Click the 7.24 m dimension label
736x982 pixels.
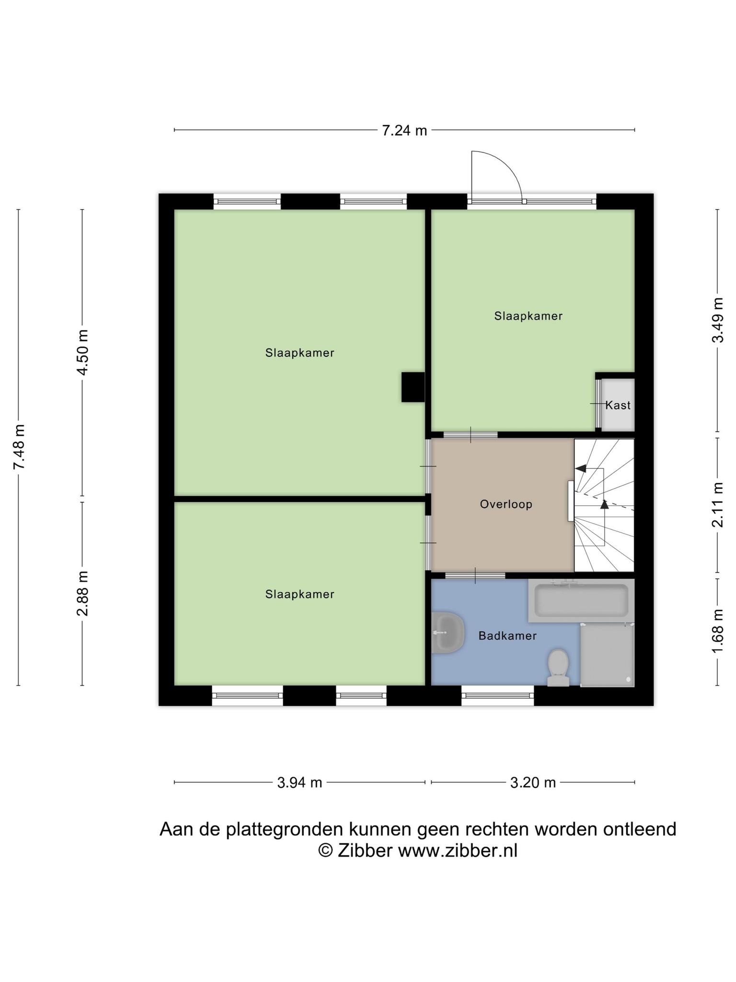pos(404,130)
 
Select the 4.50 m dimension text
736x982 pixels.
pos(83,353)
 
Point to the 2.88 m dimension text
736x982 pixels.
pos(83,593)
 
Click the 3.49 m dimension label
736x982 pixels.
pos(717,320)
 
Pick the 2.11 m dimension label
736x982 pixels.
pos(717,504)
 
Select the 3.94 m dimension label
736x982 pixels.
pos(299,783)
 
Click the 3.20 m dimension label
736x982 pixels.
pos(533,783)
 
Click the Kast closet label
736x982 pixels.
pos(618,405)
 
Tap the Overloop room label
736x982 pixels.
pos(506,504)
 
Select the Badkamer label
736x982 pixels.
pos(507,636)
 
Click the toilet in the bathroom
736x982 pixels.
pos(558,667)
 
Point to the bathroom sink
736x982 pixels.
pos(448,632)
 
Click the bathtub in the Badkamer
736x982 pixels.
pos(581,600)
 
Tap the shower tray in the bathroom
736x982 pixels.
pos(607,655)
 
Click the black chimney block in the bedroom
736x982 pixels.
pos(413,387)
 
